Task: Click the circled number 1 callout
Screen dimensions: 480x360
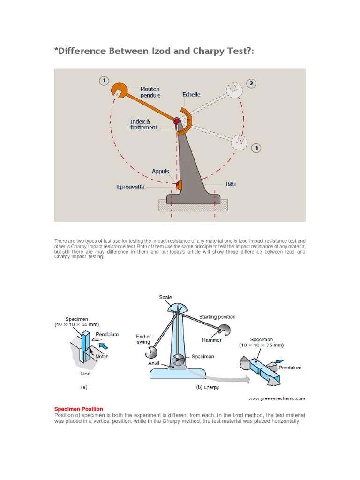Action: coord(104,81)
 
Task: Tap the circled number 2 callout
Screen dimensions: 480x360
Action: coord(252,83)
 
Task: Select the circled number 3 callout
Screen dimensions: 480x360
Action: coord(255,149)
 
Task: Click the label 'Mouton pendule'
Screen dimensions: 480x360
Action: coord(150,92)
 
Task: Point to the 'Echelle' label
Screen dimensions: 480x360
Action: coord(191,94)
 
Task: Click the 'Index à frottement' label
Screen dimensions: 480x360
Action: coord(143,124)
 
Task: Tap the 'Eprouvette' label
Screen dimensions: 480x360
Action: coord(131,187)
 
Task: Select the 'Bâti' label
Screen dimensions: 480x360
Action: coord(230,184)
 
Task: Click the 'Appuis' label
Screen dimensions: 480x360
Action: coord(160,172)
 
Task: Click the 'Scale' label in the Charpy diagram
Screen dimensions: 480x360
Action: coord(165,297)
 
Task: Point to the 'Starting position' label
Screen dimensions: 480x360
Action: coord(217,317)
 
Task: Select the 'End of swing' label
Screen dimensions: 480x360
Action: coord(143,339)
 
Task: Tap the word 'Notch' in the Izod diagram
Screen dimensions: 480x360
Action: coord(102,356)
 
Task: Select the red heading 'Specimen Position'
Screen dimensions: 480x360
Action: coord(79,409)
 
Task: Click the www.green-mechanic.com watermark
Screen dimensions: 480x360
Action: coord(277,398)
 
